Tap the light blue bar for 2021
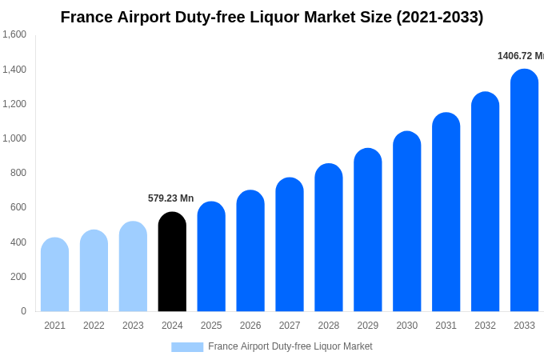[54, 275]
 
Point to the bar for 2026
[250, 251]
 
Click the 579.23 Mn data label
[170, 198]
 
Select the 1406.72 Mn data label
[520, 56]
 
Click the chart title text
[272, 17]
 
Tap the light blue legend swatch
[187, 346]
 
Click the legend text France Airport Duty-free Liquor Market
[290, 346]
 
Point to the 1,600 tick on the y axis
[14, 34]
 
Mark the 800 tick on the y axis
[18, 173]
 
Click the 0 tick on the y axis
[23, 311]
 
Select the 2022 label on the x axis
[94, 326]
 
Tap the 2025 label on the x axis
[211, 326]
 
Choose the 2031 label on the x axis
[446, 326]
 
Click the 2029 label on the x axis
[368, 326]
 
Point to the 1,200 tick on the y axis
[14, 104]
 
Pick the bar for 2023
[133, 267]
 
